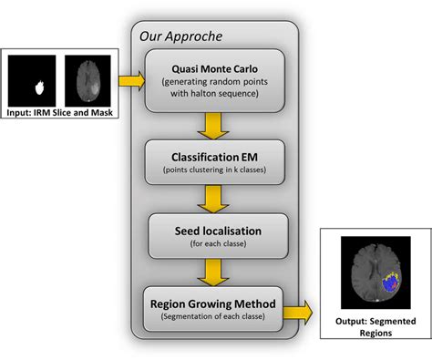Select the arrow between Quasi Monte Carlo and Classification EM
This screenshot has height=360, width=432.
tap(215, 123)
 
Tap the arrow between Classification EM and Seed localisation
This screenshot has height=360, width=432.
tap(215, 195)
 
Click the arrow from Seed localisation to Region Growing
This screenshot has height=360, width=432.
tap(215, 269)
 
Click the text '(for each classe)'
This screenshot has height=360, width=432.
tap(215, 242)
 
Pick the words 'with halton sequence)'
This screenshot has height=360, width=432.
tap(215, 94)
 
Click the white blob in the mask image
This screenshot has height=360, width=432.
tap(39, 88)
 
